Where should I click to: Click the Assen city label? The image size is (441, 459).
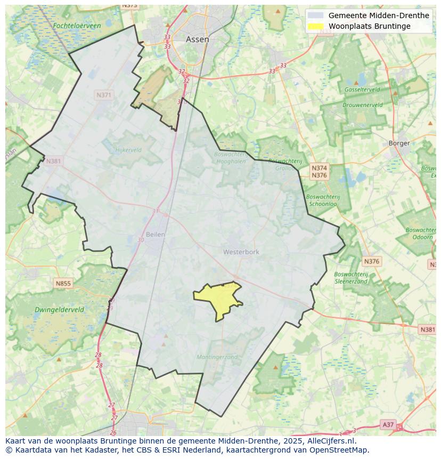[x=197, y=39]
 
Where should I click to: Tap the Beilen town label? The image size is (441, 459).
[x=156, y=235]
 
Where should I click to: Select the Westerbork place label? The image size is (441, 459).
[x=241, y=252]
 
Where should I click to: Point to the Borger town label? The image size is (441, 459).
[x=399, y=143]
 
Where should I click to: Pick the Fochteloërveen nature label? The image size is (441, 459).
[x=77, y=26]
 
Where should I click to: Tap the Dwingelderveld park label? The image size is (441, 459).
[x=59, y=310]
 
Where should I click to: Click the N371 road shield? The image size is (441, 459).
[x=104, y=95]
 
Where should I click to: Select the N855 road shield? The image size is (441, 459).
[x=63, y=284]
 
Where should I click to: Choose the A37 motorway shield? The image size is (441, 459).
[x=388, y=424]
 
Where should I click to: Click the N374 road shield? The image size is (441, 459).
[x=319, y=168]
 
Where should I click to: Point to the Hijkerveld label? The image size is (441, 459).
[x=128, y=150]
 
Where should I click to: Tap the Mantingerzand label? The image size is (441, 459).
[x=217, y=357]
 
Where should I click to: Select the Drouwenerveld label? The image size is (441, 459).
[x=362, y=106]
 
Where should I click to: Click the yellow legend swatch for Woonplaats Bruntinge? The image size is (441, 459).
[x=316, y=26]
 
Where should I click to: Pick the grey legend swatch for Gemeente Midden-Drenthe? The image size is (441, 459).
[x=316, y=15]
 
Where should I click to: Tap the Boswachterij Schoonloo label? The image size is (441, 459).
[x=323, y=200]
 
